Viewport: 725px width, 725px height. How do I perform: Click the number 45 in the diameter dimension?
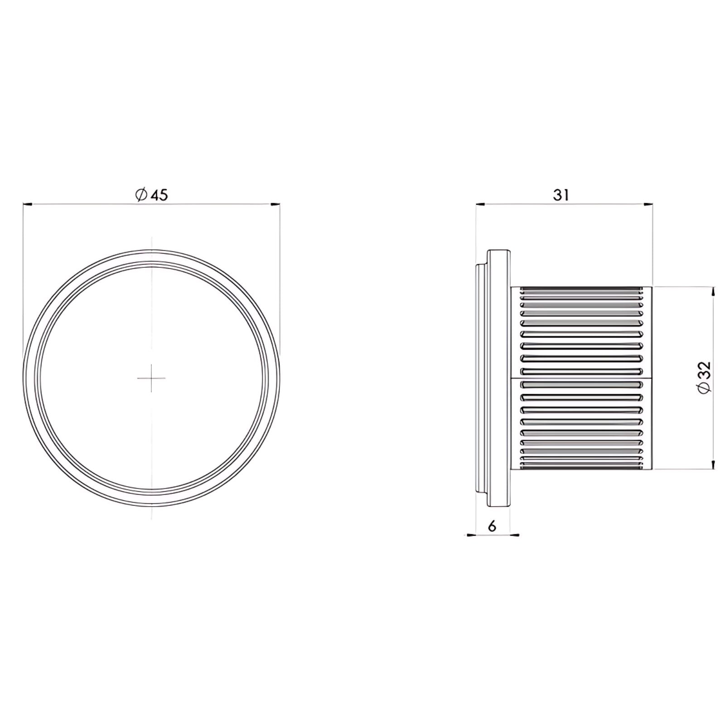coord(159,195)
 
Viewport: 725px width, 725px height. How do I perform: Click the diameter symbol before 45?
coord(141,195)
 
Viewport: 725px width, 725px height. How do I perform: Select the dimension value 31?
coord(561,195)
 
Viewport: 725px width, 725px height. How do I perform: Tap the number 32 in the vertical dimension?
coord(706,370)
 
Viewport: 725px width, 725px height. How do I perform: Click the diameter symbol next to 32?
coord(706,387)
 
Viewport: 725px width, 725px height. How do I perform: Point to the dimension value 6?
coord(492,526)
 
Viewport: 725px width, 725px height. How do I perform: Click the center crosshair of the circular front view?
coord(151,377)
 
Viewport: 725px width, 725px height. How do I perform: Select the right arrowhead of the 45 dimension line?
coord(275,205)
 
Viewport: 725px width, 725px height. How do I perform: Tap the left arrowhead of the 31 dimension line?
coord(481,205)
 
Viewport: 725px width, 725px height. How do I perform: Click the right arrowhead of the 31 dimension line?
coord(648,205)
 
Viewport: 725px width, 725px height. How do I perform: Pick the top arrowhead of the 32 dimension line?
coord(714,292)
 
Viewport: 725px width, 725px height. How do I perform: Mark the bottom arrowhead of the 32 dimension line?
coord(714,464)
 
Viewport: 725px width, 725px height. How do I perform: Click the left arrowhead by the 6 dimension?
coord(471,535)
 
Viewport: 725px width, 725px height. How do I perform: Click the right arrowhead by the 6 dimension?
coord(515,535)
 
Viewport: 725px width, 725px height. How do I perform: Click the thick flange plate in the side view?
coord(499,377)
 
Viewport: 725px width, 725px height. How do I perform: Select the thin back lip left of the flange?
coord(481,377)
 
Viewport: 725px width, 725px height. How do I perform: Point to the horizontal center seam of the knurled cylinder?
coord(581,377)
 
